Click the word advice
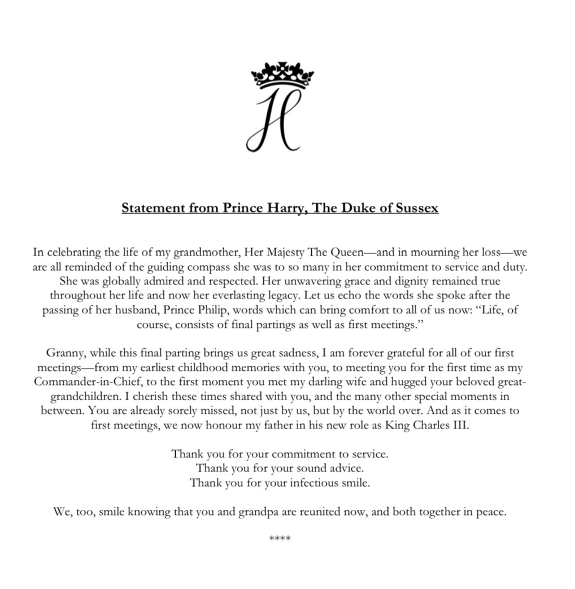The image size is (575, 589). (344, 468)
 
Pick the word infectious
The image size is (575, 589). (314, 483)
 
